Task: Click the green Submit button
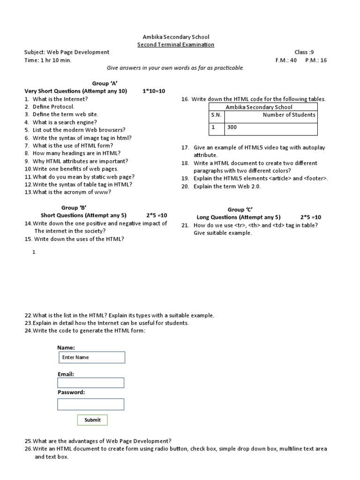tap(92, 420)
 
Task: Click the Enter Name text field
tap(91, 357)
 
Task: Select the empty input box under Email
tap(90, 383)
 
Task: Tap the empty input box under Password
tap(90, 404)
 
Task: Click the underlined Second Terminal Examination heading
tap(175, 45)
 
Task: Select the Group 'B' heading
tap(74, 208)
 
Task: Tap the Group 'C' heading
tap(240, 210)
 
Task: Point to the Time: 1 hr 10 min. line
tap(48, 60)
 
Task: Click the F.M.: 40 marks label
tap(286, 60)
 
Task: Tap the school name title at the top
tap(175, 37)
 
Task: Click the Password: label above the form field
tap(71, 392)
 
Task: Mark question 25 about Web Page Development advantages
tap(98, 441)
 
